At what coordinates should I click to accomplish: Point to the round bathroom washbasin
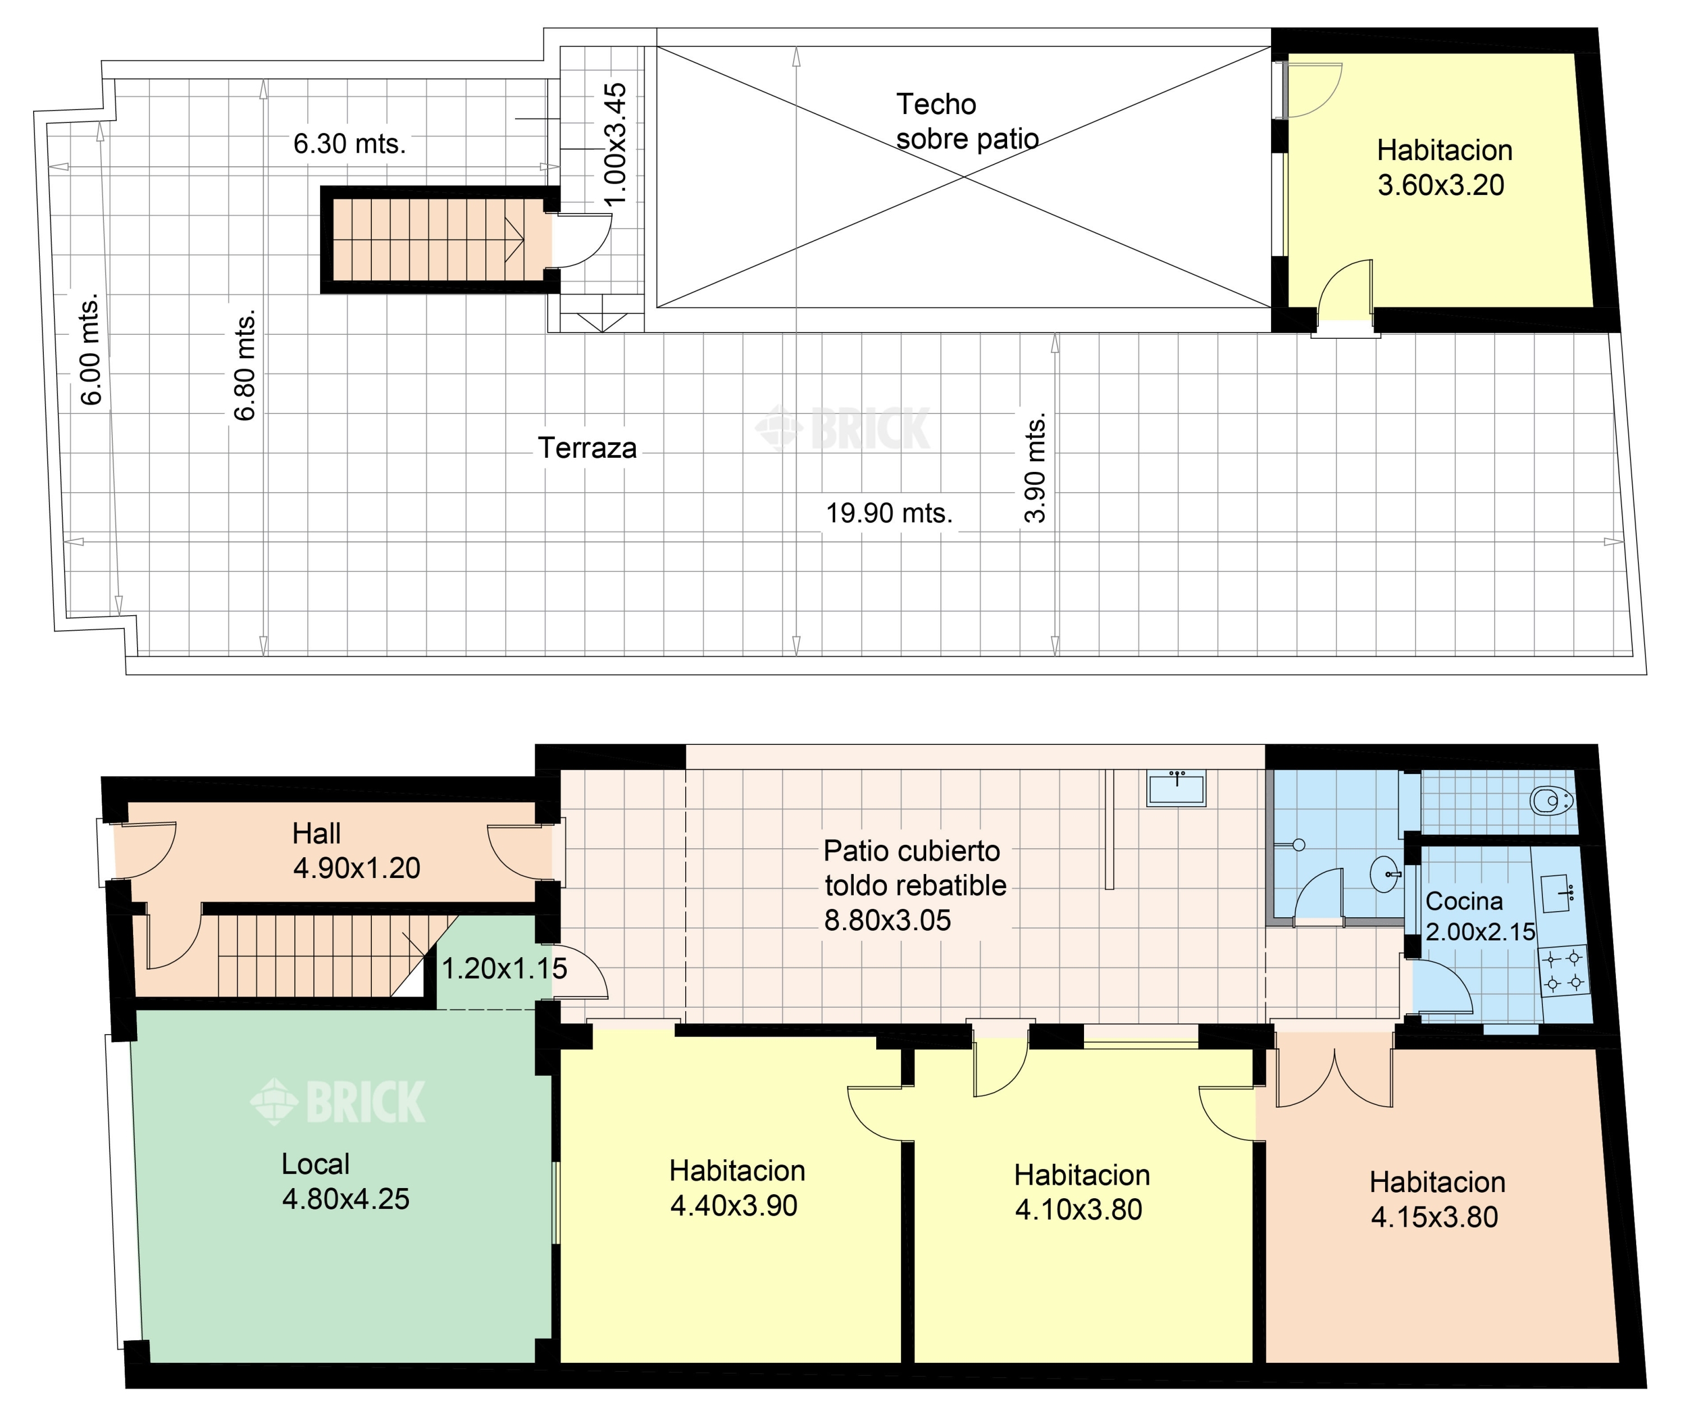pos(1386,874)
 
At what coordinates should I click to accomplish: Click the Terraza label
pos(588,448)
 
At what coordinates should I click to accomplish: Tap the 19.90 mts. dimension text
pos(889,513)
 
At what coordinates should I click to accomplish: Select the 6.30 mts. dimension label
pos(349,144)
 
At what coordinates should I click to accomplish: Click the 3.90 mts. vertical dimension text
pos(1035,468)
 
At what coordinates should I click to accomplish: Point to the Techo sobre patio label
pos(967,122)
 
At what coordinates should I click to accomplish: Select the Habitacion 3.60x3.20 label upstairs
pos(1444,168)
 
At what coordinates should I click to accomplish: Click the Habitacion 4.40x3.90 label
pos(736,1188)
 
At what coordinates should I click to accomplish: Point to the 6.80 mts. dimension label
pos(245,365)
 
